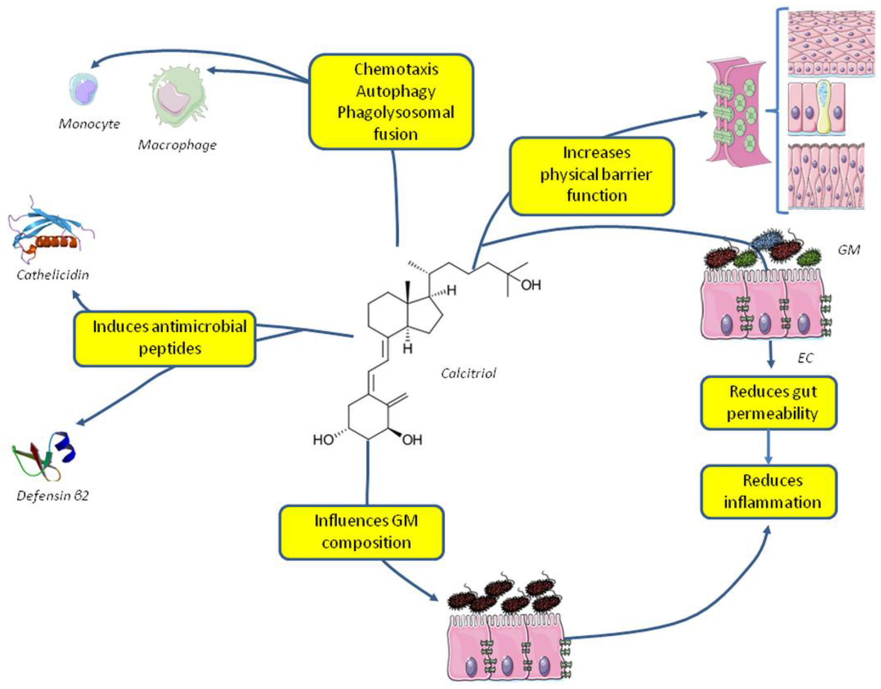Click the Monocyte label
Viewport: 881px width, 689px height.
click(x=89, y=124)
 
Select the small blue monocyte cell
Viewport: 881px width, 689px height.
click(x=84, y=89)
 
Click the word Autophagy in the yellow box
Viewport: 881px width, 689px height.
click(x=395, y=92)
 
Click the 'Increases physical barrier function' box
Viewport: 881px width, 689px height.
click(x=592, y=176)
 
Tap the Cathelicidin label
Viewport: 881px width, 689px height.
click(x=52, y=275)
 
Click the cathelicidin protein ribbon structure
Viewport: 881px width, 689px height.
click(x=48, y=232)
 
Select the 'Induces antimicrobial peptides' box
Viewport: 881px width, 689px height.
click(x=165, y=338)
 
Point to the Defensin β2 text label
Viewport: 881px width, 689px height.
click(x=52, y=495)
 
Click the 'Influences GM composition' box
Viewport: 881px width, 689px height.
click(x=362, y=532)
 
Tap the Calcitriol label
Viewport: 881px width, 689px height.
click(x=468, y=373)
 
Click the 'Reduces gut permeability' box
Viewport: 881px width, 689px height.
click(x=769, y=402)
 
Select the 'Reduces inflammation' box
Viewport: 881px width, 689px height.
click(x=769, y=491)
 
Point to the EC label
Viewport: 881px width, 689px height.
click(x=805, y=358)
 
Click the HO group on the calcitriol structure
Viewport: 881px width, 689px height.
click(x=323, y=440)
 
